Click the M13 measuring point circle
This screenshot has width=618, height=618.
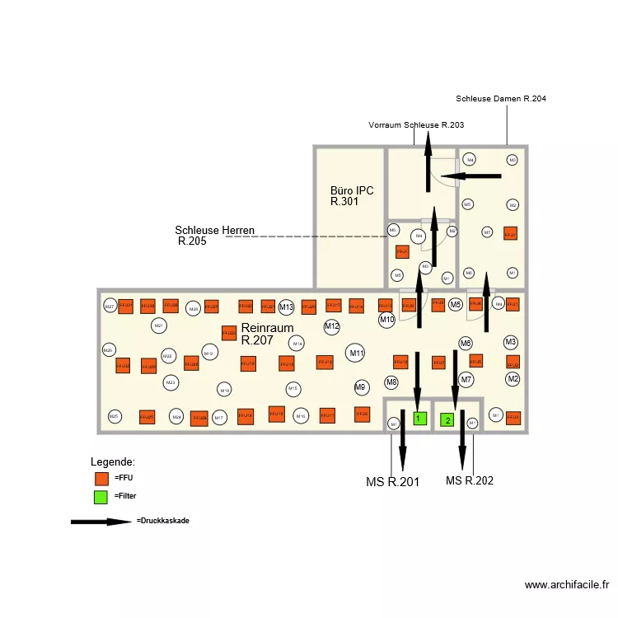[286, 307]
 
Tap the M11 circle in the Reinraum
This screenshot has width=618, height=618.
[356, 353]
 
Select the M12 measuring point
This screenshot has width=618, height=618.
[331, 327]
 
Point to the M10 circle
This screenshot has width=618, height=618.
[386, 319]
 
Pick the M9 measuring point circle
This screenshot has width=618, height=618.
[360, 386]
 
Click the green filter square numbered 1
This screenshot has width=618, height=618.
[419, 419]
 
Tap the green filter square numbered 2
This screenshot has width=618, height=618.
[447, 419]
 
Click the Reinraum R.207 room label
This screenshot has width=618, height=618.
[267, 334]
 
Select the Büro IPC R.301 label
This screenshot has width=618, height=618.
[351, 195]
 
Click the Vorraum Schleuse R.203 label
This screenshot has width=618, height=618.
[415, 125]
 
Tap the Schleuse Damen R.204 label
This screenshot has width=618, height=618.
[500, 99]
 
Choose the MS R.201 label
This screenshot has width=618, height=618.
[392, 482]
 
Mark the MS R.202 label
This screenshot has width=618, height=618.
[469, 480]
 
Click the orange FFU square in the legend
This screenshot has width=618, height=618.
[101, 478]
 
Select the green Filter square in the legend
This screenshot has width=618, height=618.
[101, 497]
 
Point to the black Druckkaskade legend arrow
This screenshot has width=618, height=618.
[101, 522]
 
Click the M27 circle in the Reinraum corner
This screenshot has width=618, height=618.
[109, 307]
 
